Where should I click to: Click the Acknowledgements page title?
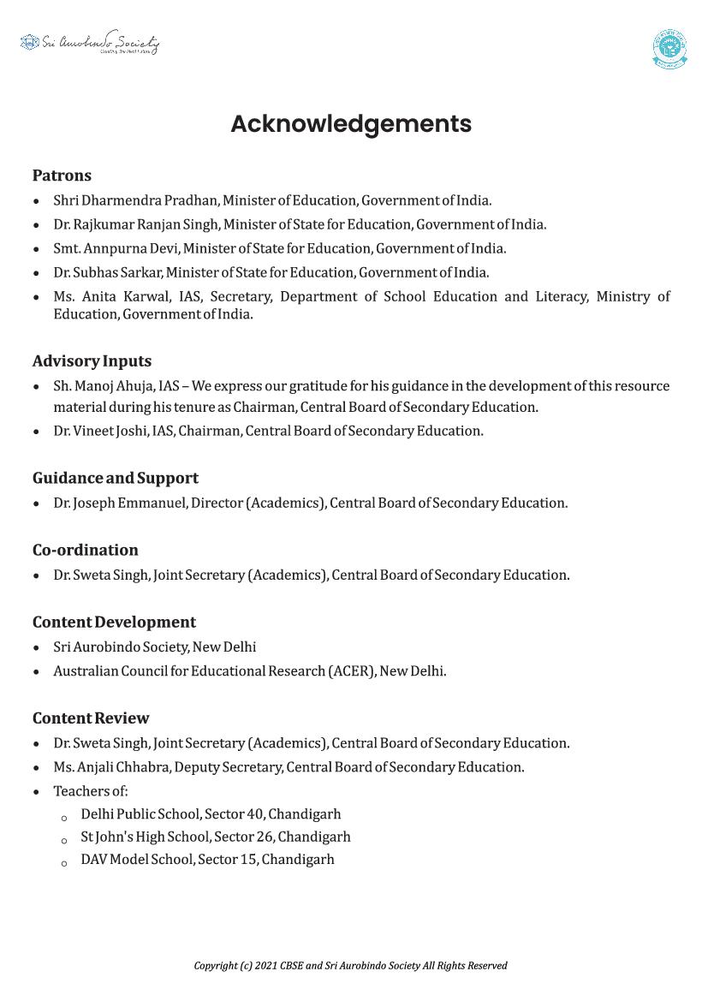pos(351,124)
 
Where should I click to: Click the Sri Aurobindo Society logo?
pos(90,43)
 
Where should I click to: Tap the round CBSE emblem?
pos(669,49)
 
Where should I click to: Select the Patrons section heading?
pos(62,176)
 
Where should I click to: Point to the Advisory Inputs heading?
pos(92,361)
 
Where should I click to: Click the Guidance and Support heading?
pos(116,478)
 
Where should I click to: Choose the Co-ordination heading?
pos(85,550)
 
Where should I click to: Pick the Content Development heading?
pos(114,622)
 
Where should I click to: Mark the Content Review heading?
pos(91,718)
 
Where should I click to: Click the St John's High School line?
pos(216,837)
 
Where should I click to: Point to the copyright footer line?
pos(351,965)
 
